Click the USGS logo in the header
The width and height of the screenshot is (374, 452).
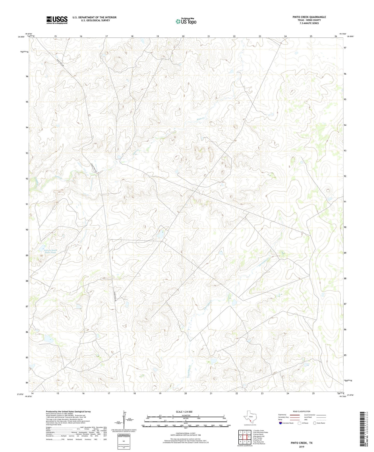pos(57,20)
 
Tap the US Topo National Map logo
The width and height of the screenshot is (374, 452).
pos(186,21)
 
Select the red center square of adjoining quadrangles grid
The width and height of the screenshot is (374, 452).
pos(245,437)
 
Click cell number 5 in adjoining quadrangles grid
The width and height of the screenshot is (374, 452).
pos(249,437)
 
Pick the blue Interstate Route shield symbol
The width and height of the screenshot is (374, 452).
pos(280,423)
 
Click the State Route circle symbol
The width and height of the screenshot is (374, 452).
pos(315,423)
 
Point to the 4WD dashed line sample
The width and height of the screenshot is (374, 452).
pos(321,420)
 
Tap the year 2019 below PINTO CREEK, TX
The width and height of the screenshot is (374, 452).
pos(302,447)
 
